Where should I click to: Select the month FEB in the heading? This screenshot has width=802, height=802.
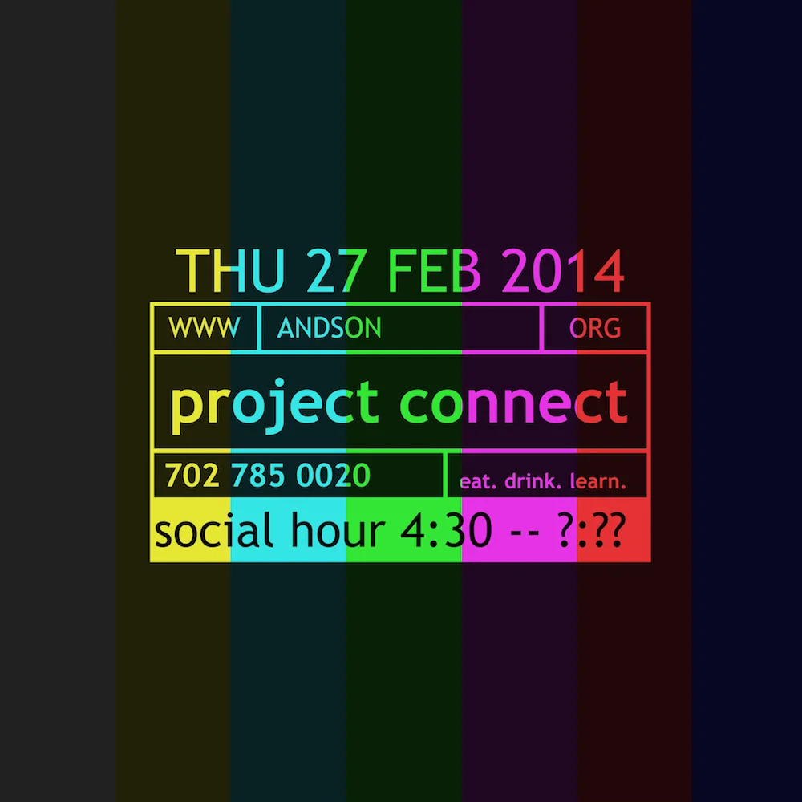coord(434,271)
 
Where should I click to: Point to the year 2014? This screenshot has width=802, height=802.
coord(563,271)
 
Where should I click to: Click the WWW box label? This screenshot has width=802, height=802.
coord(205,328)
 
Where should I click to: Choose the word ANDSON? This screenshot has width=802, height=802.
coord(329,328)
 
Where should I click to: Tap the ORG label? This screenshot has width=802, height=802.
coord(595,328)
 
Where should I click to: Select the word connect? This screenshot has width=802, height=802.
coord(513,403)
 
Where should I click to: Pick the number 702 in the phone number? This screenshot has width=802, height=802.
coord(192,476)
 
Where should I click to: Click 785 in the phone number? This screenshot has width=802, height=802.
coord(258,476)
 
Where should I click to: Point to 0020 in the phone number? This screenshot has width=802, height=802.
coord(333,476)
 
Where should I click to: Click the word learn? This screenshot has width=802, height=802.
coord(597,483)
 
